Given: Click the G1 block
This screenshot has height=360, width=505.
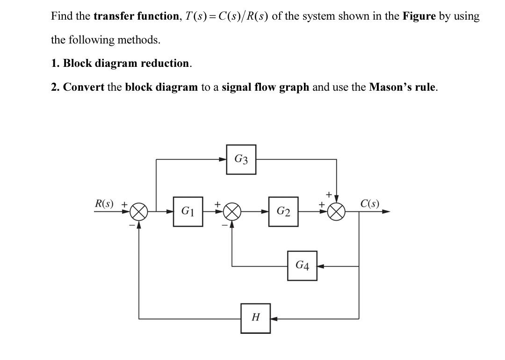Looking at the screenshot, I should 188,211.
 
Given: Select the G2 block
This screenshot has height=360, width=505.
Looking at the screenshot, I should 283,211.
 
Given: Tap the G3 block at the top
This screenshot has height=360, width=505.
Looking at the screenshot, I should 241,159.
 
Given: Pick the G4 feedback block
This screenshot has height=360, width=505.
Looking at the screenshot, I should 302,266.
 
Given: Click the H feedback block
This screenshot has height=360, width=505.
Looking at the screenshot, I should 255,318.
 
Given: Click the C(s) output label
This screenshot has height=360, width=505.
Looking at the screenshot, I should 370,204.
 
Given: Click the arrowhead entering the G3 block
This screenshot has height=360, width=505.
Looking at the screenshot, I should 224,159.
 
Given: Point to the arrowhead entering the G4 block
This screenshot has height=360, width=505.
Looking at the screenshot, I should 320,266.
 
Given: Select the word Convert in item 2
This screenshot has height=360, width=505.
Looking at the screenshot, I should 83,87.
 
